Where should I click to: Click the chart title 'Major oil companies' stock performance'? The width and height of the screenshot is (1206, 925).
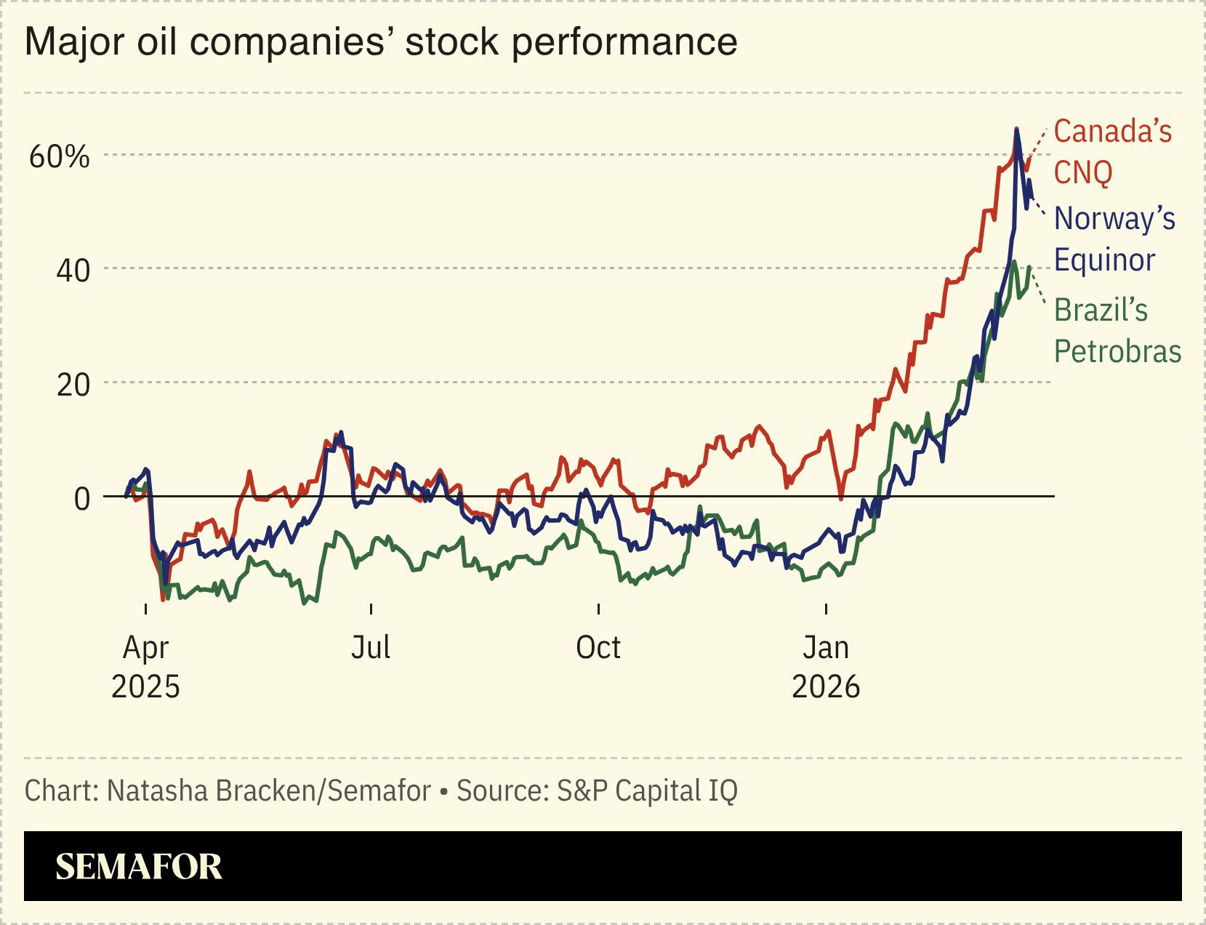click(381, 41)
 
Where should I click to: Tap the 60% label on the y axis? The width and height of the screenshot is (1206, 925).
click(59, 156)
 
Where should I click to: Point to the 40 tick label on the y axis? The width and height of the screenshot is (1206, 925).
click(73, 271)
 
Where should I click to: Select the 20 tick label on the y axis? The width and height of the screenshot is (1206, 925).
click(73, 385)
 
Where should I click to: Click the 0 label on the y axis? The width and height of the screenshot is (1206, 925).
click(82, 499)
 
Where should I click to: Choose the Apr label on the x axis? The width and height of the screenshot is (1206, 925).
click(145, 647)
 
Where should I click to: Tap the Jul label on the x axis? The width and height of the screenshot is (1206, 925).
click(371, 647)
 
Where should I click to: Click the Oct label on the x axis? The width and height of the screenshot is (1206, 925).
click(598, 647)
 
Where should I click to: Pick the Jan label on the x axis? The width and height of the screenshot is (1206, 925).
click(825, 647)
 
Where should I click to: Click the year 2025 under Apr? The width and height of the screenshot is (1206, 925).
click(145, 686)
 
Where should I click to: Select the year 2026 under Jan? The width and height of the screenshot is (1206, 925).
click(825, 686)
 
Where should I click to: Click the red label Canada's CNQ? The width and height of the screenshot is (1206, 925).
click(1112, 152)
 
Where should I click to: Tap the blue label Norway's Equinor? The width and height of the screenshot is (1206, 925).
click(1114, 239)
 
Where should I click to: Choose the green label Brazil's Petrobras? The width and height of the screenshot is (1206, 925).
click(1117, 331)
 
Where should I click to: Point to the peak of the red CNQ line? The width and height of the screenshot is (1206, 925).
click(1016, 129)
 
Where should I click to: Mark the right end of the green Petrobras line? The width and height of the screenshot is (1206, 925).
click(1030, 267)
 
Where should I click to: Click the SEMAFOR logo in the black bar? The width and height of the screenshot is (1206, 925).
click(138, 866)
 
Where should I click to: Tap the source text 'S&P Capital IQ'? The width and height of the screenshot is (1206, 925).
click(647, 790)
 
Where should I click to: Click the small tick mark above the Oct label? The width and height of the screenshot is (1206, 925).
click(598, 609)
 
